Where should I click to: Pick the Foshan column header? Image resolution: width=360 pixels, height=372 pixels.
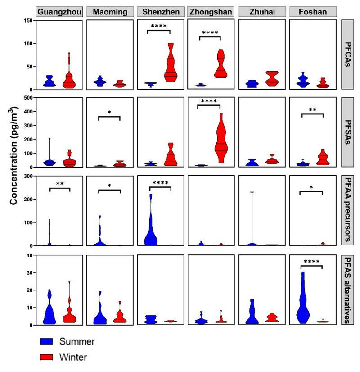313,12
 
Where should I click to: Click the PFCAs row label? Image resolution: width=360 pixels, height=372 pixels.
350,54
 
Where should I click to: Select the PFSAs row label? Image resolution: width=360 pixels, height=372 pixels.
350,132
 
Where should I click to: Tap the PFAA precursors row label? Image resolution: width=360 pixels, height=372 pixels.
350,210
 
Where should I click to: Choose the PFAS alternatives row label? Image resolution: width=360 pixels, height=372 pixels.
350,290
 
